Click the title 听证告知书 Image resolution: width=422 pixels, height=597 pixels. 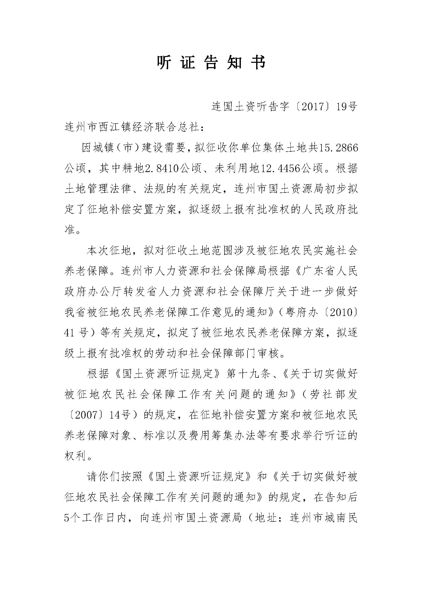tap(211, 63)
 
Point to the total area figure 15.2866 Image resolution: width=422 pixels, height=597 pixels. tap(339, 148)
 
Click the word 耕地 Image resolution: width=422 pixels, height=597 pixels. tap(133, 169)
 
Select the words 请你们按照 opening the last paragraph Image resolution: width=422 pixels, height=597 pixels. tap(114, 477)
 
